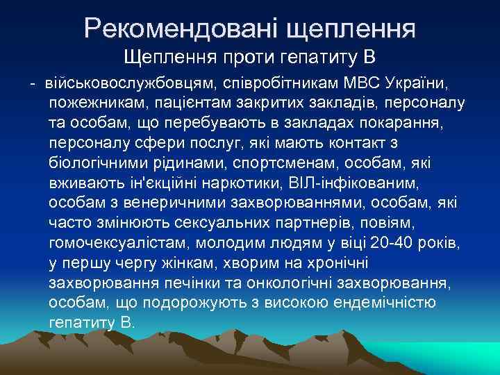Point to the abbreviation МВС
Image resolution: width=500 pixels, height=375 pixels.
coord(361,85)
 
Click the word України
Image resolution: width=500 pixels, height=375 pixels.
coord(419,85)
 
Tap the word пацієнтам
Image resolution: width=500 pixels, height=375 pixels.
coord(184,104)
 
